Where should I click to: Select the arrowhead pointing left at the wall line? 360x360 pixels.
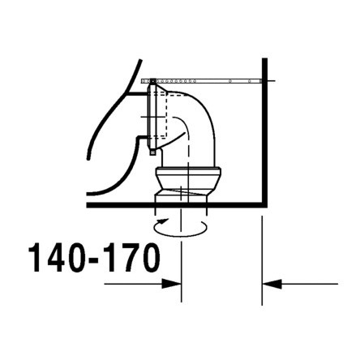point(271,284)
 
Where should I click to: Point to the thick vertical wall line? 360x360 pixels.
point(265,130)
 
